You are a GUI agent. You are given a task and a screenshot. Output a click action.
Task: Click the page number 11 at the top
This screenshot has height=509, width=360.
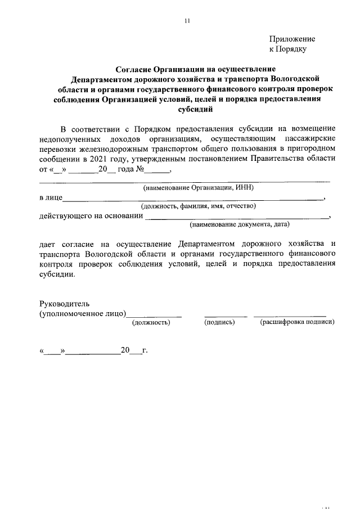187,21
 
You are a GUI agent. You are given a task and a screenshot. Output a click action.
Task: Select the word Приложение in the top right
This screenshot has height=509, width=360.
292,39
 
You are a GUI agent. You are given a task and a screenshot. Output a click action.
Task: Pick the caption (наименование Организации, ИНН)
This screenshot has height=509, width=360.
199,187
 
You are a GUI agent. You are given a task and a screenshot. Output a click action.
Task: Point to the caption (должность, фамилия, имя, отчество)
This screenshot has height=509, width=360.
199,206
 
